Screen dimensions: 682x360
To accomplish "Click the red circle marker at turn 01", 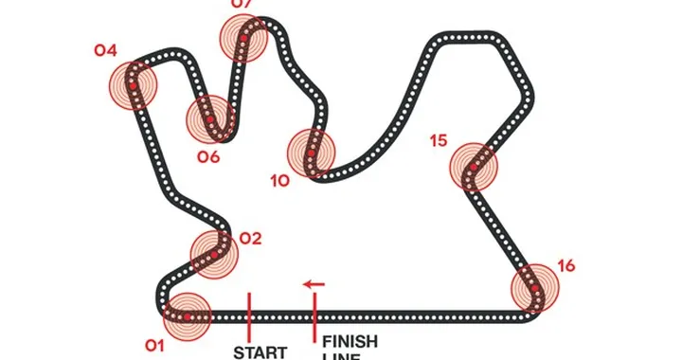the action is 188,315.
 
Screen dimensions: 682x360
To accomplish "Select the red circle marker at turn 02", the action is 215,252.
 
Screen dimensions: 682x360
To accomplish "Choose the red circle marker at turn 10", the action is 312,153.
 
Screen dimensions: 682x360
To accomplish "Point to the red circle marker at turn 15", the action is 473,168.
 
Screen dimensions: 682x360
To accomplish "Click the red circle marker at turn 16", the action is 535,288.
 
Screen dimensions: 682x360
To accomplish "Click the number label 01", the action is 155,346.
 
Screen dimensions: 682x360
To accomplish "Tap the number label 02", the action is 250,239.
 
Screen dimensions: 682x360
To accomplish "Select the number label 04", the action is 106,50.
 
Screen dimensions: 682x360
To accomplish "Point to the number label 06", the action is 208,156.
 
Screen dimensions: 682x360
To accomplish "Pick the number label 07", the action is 242,5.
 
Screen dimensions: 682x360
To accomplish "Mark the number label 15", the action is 438,141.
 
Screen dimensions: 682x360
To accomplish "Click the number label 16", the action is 566,265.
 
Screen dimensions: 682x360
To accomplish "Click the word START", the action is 260,352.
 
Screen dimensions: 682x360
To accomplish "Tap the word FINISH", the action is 350,341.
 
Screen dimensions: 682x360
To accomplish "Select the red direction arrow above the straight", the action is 314,283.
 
